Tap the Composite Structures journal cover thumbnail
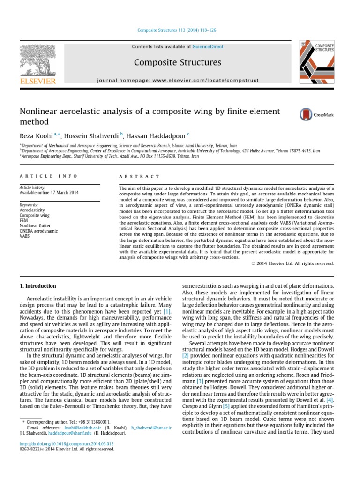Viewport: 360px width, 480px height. (x=317, y=61)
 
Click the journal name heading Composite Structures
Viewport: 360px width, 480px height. (x=177, y=62)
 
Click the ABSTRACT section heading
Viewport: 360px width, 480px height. (x=140, y=177)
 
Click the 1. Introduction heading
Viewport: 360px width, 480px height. (x=37, y=286)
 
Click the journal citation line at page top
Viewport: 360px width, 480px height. (x=177, y=30)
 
